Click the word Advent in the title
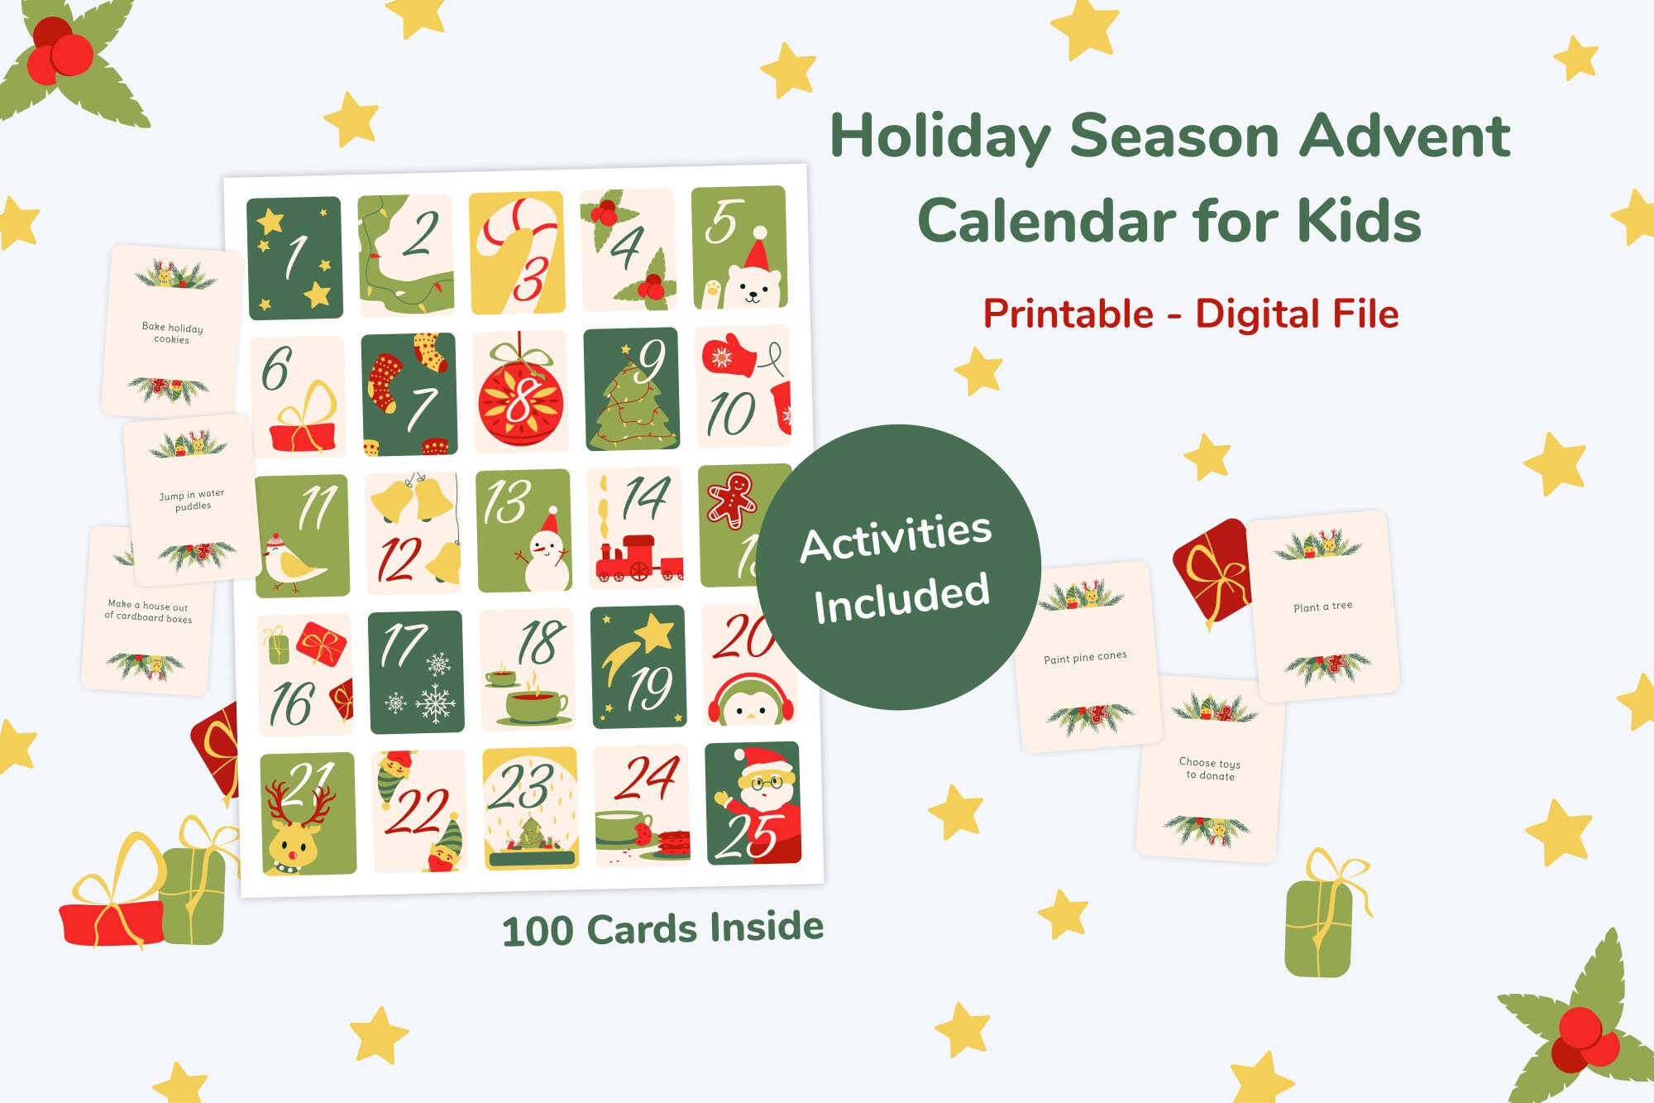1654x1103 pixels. [1404, 137]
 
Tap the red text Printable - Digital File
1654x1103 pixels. [1190, 314]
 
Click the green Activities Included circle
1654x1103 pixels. [899, 567]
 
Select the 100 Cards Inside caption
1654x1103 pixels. [662, 928]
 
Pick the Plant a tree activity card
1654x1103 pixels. [1323, 606]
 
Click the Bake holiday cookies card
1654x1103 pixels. [172, 332]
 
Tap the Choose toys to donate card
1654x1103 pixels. [1210, 769]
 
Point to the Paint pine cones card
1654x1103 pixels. [1086, 658]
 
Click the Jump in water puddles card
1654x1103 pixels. [192, 499]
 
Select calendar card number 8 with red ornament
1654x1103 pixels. [520, 391]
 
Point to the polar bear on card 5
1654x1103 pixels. [751, 277]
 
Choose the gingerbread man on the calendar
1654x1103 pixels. [731, 500]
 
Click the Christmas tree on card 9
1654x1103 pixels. [629, 407]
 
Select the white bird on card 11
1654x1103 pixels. [291, 563]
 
